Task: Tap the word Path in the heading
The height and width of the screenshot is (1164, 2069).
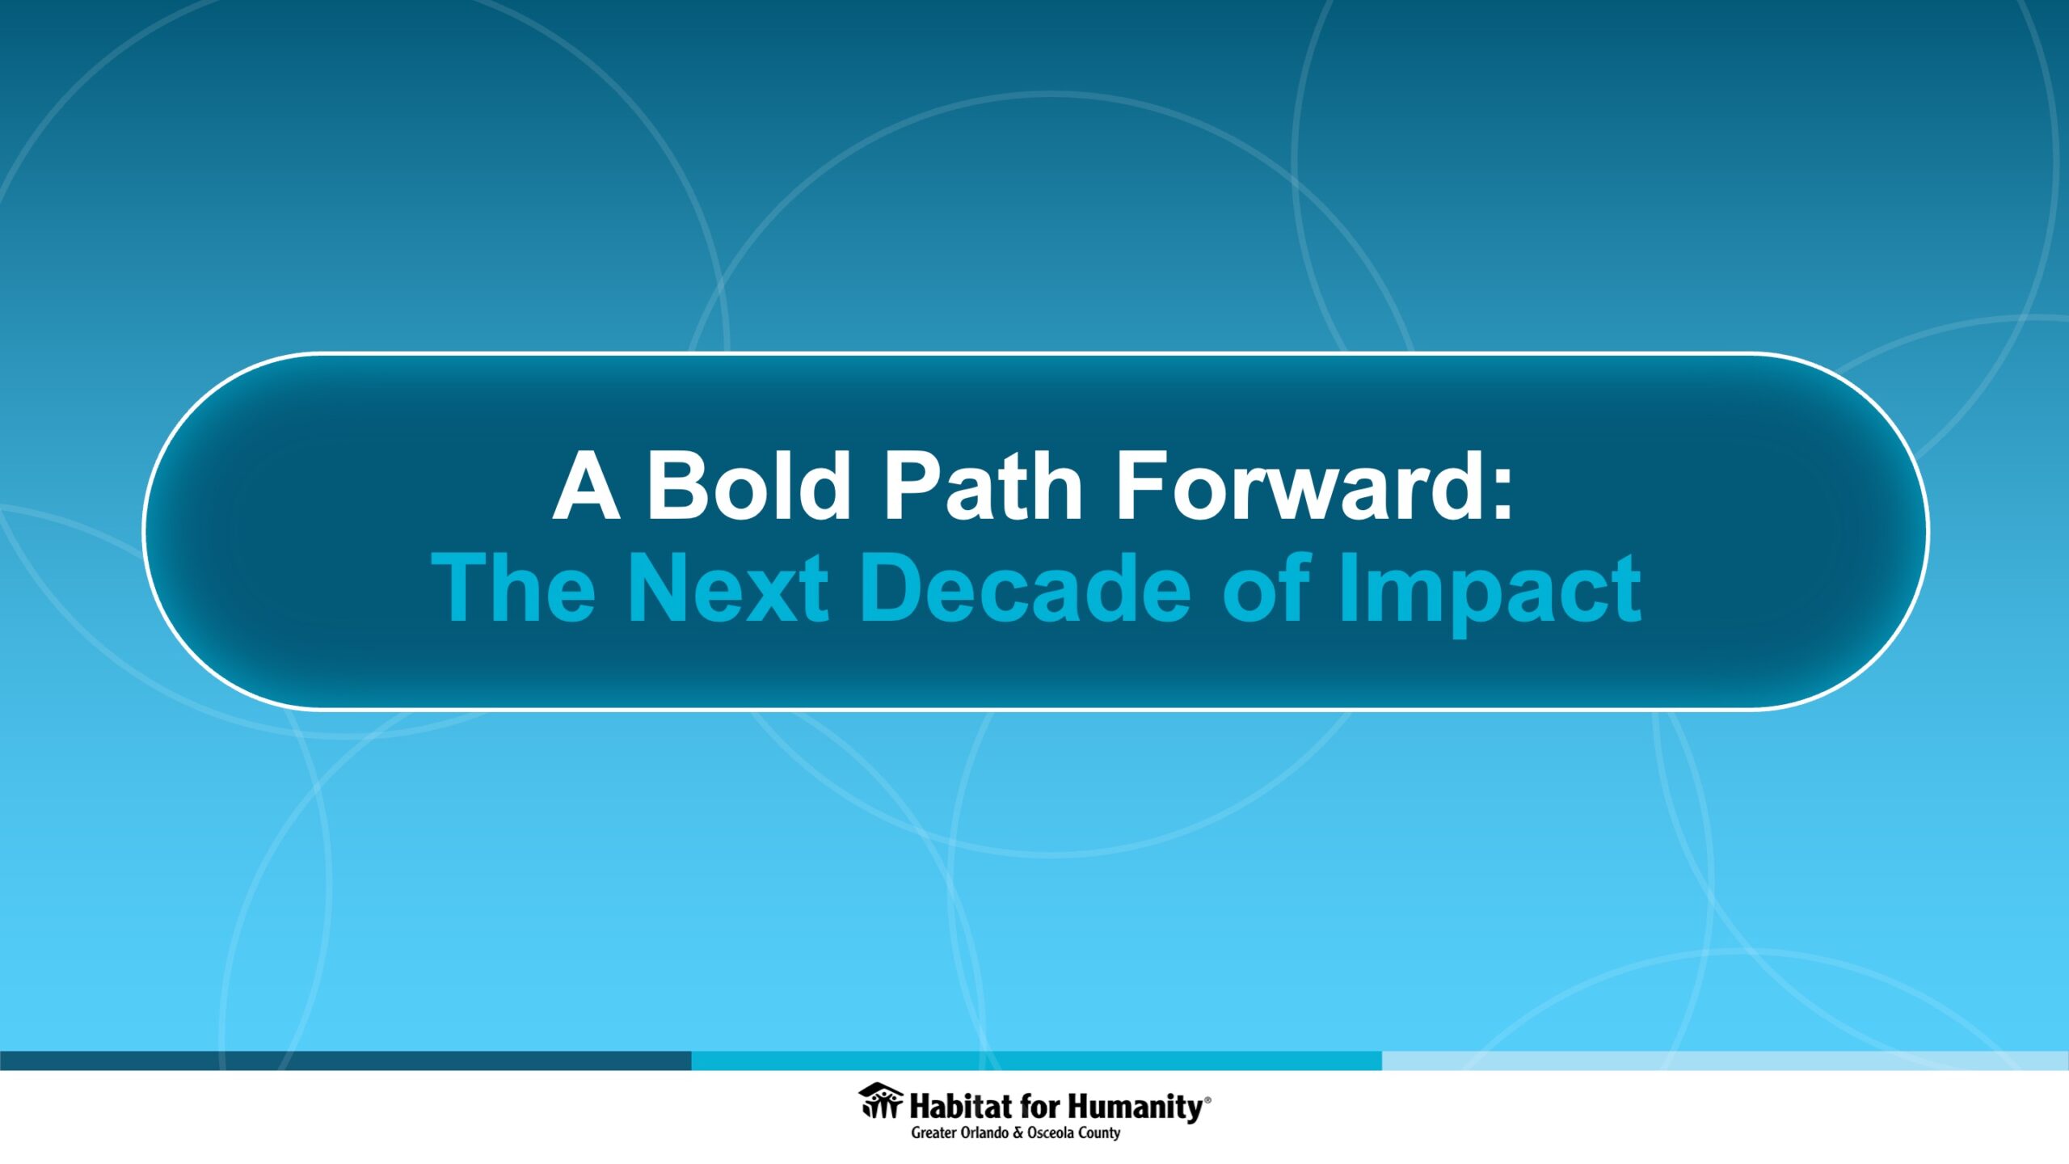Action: [x=982, y=487]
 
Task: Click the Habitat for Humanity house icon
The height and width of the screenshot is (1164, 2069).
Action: [x=881, y=1100]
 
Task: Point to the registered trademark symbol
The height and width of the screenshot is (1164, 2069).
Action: [x=1208, y=1099]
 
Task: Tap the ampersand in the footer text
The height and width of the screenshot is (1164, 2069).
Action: [x=1018, y=1133]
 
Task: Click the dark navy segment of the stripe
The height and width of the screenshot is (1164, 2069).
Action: [x=346, y=1061]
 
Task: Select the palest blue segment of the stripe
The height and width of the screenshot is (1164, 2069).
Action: [x=1726, y=1061]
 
